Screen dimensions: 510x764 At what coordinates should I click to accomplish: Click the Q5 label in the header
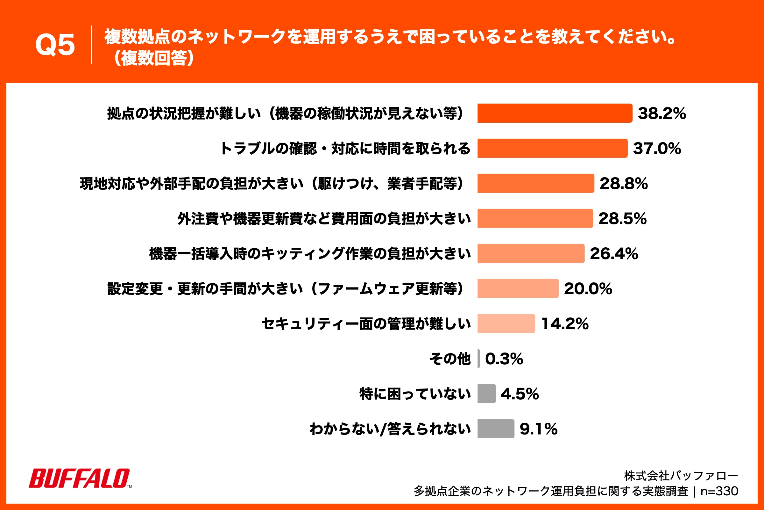point(55,45)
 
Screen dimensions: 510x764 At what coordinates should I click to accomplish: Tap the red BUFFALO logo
point(80,478)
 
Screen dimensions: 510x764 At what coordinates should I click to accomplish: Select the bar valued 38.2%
point(555,113)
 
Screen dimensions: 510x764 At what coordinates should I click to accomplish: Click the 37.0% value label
point(657,148)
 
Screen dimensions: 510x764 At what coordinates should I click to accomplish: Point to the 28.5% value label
point(622,219)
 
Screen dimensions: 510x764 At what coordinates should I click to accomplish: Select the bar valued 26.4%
point(530,253)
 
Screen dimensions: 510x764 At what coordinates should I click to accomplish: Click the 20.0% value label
point(588,288)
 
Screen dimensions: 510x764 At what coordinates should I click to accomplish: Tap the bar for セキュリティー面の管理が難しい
point(506,324)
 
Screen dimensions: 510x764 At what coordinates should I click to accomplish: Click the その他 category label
point(450,359)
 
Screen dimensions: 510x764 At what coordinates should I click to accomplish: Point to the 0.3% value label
point(504,359)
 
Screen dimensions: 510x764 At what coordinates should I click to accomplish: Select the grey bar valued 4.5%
point(486,394)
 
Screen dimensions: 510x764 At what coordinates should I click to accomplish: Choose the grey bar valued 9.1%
point(495,429)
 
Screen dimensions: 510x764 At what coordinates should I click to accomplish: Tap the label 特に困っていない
point(415,394)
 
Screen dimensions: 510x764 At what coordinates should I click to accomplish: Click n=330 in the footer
point(719,491)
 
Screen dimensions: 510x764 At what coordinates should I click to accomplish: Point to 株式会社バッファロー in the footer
point(681,476)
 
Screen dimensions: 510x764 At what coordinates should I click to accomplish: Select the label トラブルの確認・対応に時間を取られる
point(345,148)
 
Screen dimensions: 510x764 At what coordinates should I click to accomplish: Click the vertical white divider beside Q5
point(92,45)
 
